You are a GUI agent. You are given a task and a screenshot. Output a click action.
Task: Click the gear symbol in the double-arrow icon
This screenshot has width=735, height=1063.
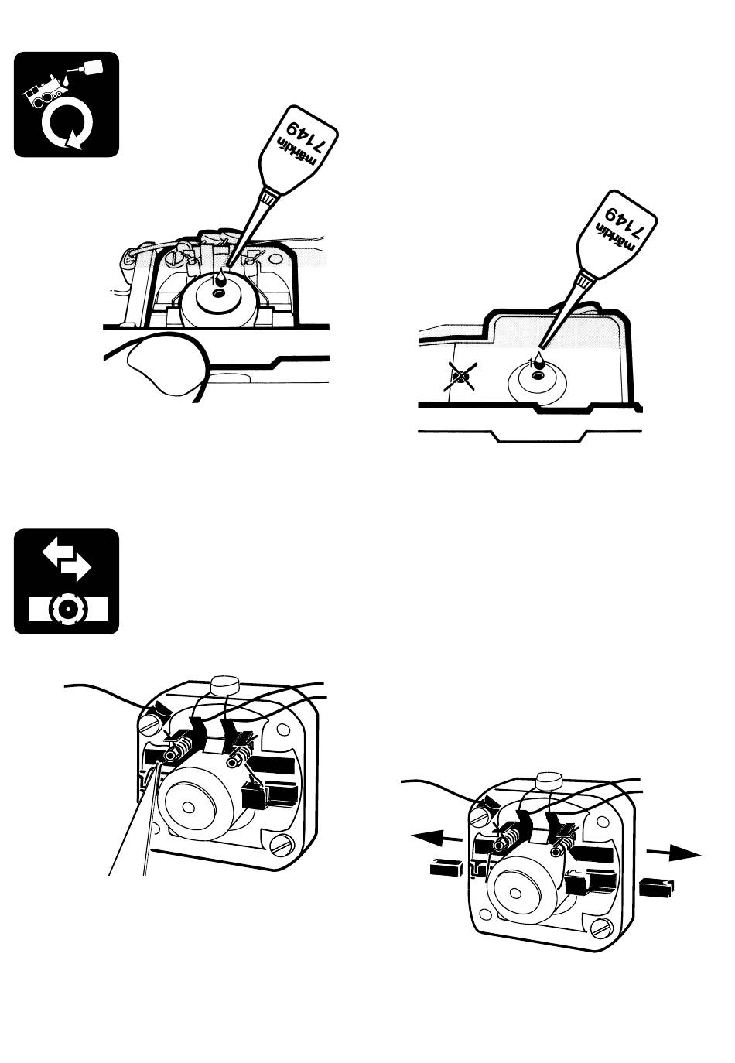click(66, 608)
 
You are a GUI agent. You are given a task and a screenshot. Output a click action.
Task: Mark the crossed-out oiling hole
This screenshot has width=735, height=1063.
click(463, 377)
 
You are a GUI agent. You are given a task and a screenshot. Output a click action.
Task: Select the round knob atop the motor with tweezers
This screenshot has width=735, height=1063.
click(225, 685)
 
